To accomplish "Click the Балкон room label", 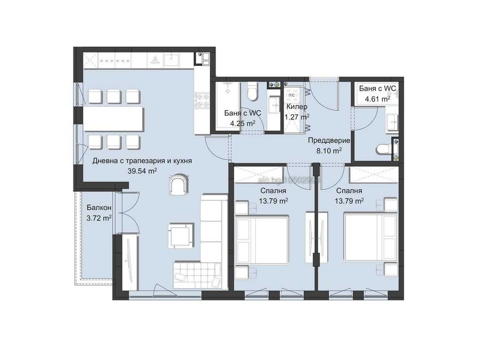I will pos(98,208).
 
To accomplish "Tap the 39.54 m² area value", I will pos(142,171).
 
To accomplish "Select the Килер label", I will pos(297,106).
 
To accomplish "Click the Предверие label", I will pos(329,140).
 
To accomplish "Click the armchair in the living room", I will pos(179,185).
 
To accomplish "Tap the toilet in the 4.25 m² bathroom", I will pos(252,93).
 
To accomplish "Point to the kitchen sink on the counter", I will pos(171,61).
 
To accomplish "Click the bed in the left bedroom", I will pos(261,240).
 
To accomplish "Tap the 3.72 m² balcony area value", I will pos(99,218).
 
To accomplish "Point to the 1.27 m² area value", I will pos(297,117).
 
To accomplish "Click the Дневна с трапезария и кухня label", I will pos(142,160).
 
